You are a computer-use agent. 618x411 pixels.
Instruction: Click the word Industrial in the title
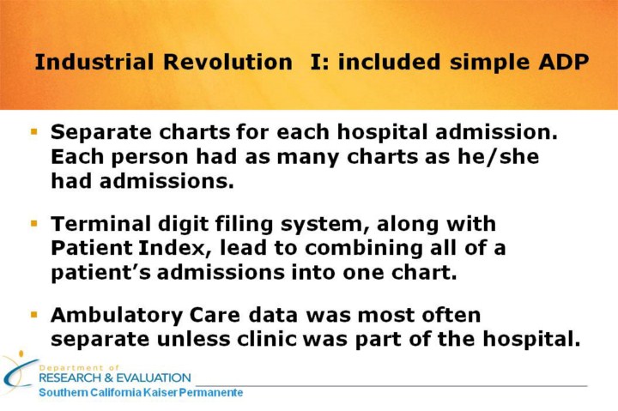pyautogui.click(x=94, y=62)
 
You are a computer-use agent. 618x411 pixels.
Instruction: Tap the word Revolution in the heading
pyautogui.click(x=227, y=62)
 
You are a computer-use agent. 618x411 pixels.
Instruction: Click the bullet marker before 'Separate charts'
pyautogui.click(x=33, y=131)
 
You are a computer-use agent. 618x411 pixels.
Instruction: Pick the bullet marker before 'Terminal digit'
pyautogui.click(x=33, y=223)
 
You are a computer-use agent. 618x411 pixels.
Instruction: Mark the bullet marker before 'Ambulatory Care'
pyautogui.click(x=33, y=314)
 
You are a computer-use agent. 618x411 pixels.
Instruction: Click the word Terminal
pyautogui.click(x=100, y=224)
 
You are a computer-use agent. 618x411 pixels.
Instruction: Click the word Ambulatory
pyautogui.click(x=117, y=316)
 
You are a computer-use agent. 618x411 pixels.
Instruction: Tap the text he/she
pyautogui.click(x=498, y=156)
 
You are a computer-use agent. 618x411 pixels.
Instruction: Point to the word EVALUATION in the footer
pyautogui.click(x=154, y=378)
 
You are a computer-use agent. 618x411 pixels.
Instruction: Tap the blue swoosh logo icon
pyautogui.click(x=18, y=372)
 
